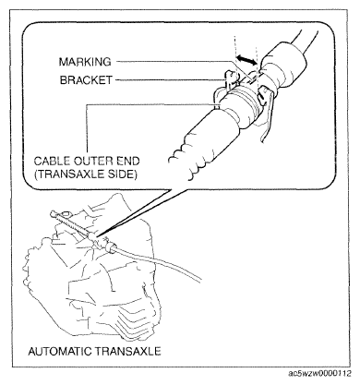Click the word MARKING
tap(85, 62)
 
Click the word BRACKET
tap(86, 80)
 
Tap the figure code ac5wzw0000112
tap(319, 374)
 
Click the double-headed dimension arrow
tap(246, 60)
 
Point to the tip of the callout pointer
tap(99, 236)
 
